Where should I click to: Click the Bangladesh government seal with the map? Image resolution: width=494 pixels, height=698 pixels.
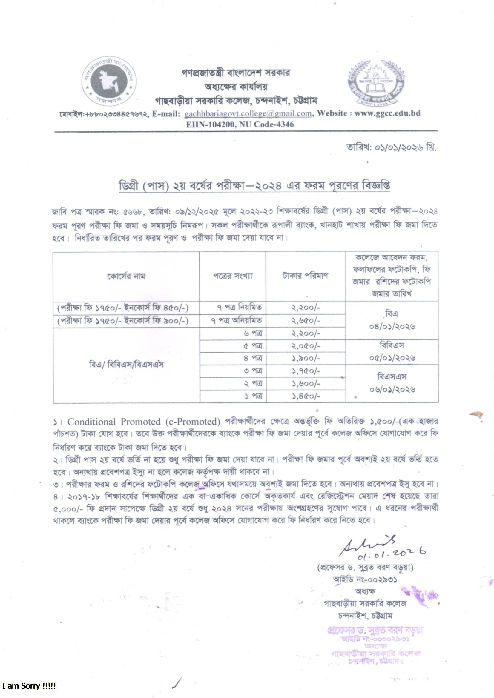[x=109, y=82]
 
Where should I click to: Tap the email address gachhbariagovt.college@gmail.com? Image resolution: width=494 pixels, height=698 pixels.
[x=248, y=113]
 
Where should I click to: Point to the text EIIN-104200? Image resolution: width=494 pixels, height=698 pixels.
[x=210, y=124]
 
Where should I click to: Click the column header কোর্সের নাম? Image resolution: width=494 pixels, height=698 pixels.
[x=126, y=276]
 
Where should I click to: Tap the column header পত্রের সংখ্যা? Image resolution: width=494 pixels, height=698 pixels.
[x=232, y=276]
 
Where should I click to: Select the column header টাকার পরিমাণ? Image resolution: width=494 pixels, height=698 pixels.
[x=305, y=276]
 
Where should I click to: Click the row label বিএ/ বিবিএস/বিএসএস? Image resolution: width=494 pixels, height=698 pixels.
[x=126, y=365]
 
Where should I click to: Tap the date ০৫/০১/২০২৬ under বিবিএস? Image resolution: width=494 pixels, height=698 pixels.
[x=392, y=358]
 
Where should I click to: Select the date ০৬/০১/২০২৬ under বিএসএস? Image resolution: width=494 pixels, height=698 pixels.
[x=392, y=389]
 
